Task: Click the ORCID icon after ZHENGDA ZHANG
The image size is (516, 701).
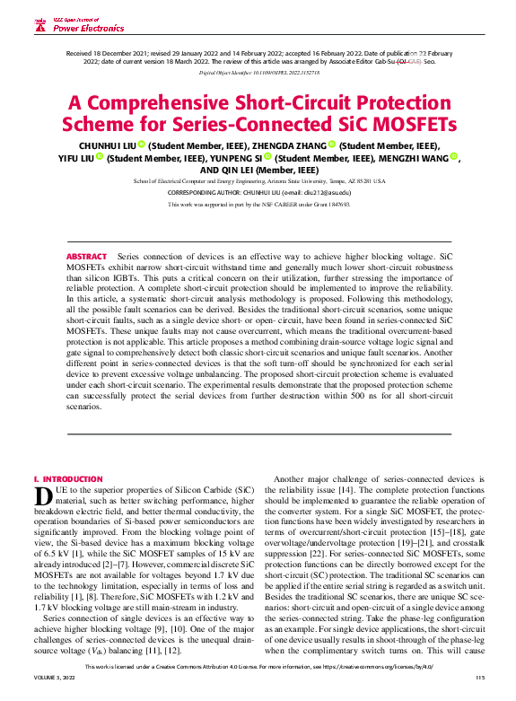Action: [x=332, y=144]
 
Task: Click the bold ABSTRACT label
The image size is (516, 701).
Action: [x=86, y=232]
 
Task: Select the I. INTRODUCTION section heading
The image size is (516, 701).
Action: [x=67, y=479]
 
